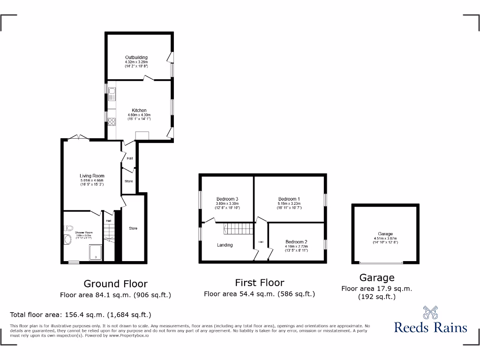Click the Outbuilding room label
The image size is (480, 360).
pos(136,58)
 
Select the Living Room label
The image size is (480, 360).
pos(91,176)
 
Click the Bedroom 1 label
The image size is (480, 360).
pos(289,199)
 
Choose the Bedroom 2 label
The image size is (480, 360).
pos(296,242)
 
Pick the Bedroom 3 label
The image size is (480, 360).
pos(227,199)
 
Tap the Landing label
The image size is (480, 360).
pos(225,245)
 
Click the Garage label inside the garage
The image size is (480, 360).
pos(385,234)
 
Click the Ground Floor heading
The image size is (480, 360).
pos(115,284)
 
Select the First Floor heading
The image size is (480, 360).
pos(259,283)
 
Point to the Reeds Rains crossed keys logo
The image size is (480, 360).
pos(430,313)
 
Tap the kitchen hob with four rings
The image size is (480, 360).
pos(112,121)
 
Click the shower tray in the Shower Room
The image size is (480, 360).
pos(96,252)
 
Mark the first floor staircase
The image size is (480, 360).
pos(238,229)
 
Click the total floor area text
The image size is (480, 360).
pos(81,315)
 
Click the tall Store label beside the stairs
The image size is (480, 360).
pos(133,228)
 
